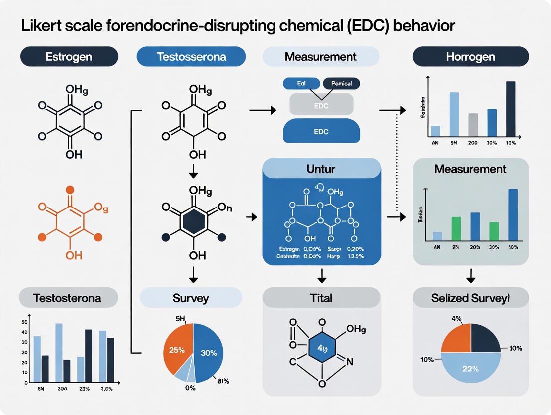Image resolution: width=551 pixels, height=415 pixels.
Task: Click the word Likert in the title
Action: [x=39, y=26]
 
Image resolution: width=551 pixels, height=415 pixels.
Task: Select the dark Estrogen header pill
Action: [x=69, y=57]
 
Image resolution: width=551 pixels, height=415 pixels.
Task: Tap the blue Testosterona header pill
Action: [x=191, y=57]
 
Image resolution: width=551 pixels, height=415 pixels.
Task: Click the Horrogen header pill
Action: [x=471, y=57]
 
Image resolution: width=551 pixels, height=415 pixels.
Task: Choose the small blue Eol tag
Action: [x=301, y=84]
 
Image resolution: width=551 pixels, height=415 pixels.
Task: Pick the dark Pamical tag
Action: [x=342, y=84]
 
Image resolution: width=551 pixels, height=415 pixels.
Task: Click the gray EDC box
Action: [x=321, y=105]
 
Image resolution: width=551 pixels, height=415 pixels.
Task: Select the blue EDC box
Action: [x=321, y=131]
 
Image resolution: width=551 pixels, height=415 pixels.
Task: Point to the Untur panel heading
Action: [x=321, y=169]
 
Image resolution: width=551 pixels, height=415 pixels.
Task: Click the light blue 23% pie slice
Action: [x=471, y=369]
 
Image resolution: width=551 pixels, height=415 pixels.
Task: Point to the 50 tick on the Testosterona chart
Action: [x=24, y=322]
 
